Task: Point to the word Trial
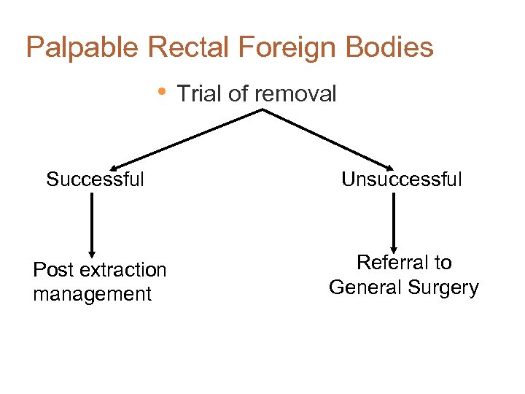pos(198,94)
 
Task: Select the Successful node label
pos(95,179)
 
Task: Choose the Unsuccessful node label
pos(402,179)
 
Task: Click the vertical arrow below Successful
pos(92,223)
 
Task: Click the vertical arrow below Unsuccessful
pos(394,223)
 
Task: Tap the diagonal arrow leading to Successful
pos(186,139)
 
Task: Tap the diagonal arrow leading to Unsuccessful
pos(328,139)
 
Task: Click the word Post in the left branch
pos(53,270)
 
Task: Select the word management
pos(93,294)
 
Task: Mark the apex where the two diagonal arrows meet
pos(262,110)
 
